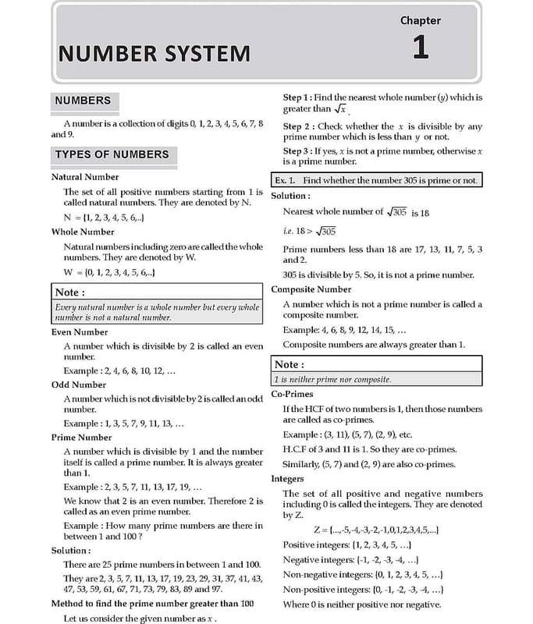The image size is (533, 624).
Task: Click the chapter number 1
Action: pyautogui.click(x=420, y=48)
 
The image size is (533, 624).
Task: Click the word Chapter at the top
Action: pyautogui.click(x=420, y=20)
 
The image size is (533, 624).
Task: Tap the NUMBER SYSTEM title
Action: pyautogui.click(x=155, y=54)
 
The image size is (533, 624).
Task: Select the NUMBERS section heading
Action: pyautogui.click(x=83, y=101)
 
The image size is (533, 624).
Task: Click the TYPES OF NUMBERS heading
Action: pyautogui.click(x=112, y=154)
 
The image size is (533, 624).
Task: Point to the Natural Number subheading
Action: pyautogui.click(x=85, y=177)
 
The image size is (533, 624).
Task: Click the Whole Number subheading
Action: pyautogui.click(x=83, y=232)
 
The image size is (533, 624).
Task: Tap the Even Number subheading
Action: pyautogui.click(x=79, y=331)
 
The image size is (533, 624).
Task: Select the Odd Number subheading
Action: pyautogui.click(x=78, y=385)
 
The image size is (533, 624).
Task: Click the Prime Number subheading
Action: pyautogui.click(x=81, y=438)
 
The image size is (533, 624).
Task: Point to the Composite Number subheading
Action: pyautogui.click(x=311, y=289)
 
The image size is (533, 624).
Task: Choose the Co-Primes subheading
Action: pyautogui.click(x=292, y=395)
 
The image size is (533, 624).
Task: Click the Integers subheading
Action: pyautogui.click(x=288, y=479)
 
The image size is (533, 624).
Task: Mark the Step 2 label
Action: pyautogui.click(x=299, y=126)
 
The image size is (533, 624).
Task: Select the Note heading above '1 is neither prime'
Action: pyautogui.click(x=290, y=364)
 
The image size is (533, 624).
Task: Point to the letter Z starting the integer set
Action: pyautogui.click(x=318, y=530)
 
